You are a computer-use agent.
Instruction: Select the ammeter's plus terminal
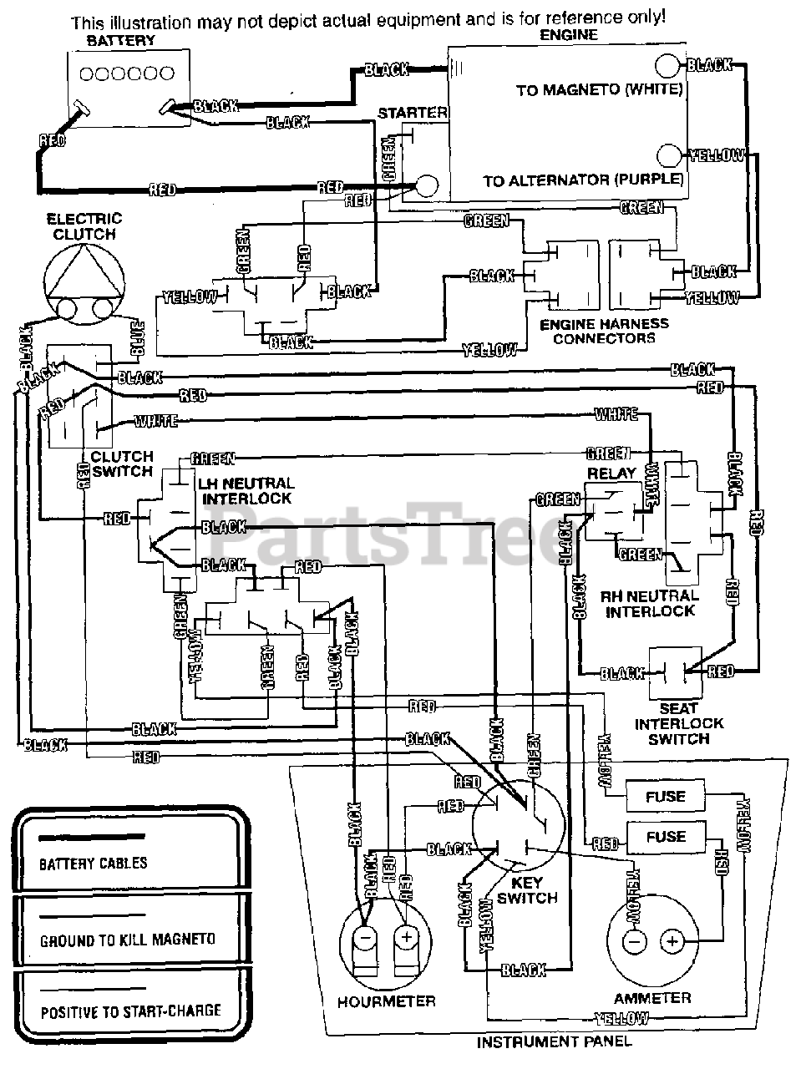tap(672, 941)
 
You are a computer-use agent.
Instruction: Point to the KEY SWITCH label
tap(527, 890)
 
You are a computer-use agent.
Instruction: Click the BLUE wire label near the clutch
tap(137, 335)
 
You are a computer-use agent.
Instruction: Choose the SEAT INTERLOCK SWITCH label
tap(679, 723)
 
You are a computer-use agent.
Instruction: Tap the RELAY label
tap(611, 473)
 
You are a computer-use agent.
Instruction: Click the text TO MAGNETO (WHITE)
tap(600, 89)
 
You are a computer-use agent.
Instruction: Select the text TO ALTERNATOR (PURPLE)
tap(583, 180)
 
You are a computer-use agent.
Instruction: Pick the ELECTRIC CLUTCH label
tap(84, 226)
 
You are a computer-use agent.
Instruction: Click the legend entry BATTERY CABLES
tap(94, 864)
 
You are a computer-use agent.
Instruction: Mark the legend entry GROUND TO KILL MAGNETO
tap(128, 940)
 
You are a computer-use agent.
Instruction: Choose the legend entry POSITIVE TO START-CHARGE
tap(131, 1013)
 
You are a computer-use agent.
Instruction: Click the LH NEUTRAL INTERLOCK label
tap(246, 490)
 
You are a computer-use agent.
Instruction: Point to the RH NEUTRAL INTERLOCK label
tap(649, 603)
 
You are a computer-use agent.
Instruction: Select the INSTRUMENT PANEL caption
tap(554, 1041)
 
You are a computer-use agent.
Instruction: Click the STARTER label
tap(413, 113)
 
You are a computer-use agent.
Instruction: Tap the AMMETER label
tap(652, 998)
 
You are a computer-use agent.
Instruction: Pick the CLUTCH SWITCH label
tap(122, 464)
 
